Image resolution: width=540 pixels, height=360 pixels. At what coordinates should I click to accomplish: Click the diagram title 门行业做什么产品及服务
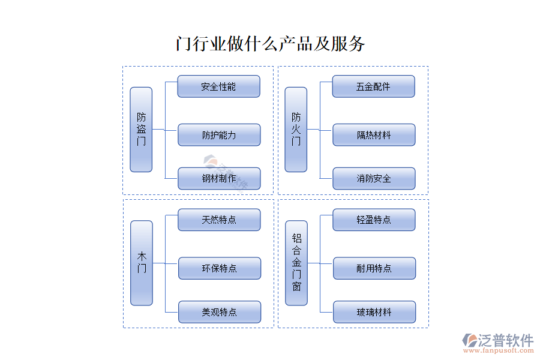(x=270, y=44)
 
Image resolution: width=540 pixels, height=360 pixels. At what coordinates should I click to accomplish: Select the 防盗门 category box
(x=141, y=130)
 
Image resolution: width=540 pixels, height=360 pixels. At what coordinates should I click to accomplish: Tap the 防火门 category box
(x=296, y=130)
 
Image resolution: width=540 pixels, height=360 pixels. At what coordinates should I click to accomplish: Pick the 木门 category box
(x=142, y=263)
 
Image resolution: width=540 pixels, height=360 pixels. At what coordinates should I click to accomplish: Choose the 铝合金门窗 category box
(x=296, y=263)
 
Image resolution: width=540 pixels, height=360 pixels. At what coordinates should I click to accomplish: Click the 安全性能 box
(x=219, y=86)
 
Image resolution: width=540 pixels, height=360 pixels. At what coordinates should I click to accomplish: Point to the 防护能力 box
(x=219, y=135)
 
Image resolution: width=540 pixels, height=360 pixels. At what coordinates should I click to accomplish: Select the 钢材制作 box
(x=219, y=178)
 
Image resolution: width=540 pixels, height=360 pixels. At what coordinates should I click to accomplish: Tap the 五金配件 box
(x=373, y=86)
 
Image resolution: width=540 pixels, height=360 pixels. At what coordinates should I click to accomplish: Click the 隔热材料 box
(x=374, y=135)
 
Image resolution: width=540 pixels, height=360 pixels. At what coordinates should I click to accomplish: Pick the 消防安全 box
(x=374, y=178)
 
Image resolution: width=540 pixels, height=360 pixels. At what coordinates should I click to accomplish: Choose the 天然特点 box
(x=219, y=220)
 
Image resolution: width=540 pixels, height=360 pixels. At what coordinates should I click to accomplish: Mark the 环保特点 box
(x=219, y=268)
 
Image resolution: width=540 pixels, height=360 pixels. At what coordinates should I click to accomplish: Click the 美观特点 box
(x=219, y=312)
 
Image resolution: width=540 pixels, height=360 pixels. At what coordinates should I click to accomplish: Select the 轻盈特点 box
(x=374, y=220)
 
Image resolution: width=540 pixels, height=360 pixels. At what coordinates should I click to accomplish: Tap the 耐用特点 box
(x=374, y=268)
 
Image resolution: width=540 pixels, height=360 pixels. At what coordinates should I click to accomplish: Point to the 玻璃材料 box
(x=374, y=312)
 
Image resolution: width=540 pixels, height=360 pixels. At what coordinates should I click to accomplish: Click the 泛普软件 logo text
(x=505, y=340)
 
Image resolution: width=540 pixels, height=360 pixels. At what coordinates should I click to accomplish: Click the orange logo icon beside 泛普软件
(x=469, y=341)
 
